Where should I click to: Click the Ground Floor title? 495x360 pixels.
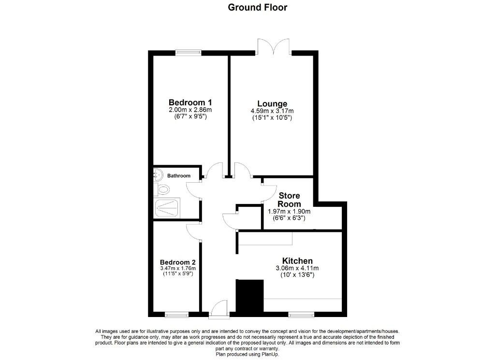257,7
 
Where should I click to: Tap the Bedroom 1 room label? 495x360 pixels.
190,102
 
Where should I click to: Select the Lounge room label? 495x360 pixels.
272,103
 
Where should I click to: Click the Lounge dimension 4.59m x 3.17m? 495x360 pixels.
272,111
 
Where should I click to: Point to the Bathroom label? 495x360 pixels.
179,176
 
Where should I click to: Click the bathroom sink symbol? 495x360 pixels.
158,174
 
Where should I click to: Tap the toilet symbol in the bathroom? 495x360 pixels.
162,189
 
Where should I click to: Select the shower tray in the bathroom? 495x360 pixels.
167,208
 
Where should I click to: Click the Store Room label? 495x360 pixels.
289,200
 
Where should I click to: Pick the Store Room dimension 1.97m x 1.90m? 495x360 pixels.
289,211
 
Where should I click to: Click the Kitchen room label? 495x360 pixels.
297,261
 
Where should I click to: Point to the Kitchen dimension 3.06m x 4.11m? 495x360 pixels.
297,268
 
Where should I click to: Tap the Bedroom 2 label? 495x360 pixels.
178,262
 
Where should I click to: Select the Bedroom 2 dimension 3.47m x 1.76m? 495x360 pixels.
178,269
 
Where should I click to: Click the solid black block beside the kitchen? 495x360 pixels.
250,296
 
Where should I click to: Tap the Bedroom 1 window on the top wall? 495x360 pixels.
189,53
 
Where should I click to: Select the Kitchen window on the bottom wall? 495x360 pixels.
302,314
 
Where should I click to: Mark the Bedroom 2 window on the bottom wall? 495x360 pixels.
176,314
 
